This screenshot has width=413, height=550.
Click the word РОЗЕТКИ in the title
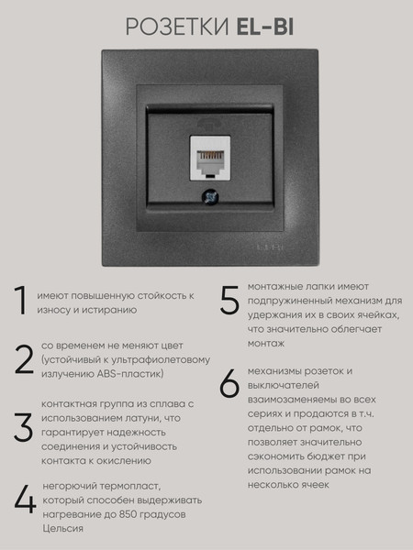coord(177,27)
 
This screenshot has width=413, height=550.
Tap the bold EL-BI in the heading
coord(265,27)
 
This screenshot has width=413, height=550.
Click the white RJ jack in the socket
coord(210,158)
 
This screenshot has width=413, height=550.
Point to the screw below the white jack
coord(210,197)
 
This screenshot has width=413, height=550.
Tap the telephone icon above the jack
coord(209,125)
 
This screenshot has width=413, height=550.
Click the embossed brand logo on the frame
coord(269,247)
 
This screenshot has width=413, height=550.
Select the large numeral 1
coord(21,300)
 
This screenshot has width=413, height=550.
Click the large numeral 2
coord(24,360)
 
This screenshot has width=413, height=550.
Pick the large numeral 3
coord(24,427)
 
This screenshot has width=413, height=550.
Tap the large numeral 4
coord(25,500)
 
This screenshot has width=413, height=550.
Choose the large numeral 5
coord(229,299)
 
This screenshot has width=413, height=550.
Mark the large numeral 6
coord(229,383)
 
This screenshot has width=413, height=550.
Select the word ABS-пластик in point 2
coord(130,374)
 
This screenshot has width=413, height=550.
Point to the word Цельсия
coord(62,529)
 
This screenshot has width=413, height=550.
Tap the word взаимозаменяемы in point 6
coord(294,400)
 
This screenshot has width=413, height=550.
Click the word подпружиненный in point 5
coord(290,302)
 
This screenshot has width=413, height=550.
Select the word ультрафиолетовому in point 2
coord(161,360)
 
